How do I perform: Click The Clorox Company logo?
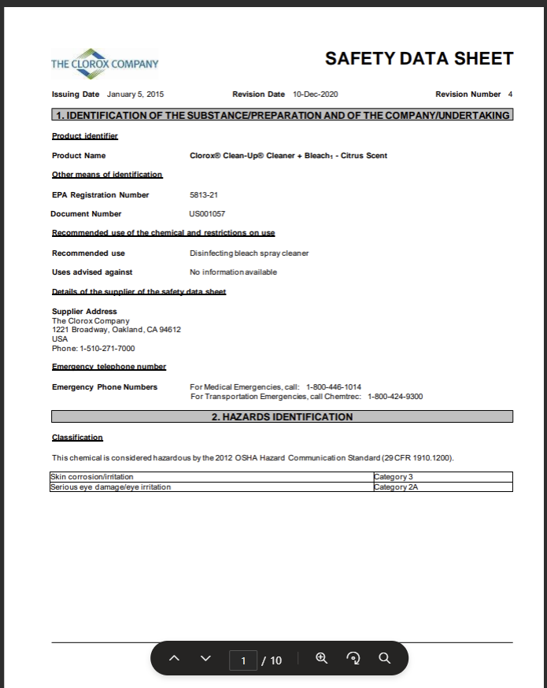click(x=105, y=63)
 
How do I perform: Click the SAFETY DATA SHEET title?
click(x=419, y=58)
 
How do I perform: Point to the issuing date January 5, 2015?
click(x=135, y=94)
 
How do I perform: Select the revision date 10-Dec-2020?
click(x=315, y=94)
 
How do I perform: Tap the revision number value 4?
click(x=510, y=94)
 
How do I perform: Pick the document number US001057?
click(x=207, y=213)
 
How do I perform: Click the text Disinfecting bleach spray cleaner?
click(x=249, y=253)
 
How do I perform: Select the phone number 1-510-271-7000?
click(x=107, y=348)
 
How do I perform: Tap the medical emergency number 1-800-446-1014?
click(x=334, y=387)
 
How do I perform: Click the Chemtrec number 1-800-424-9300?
click(x=395, y=396)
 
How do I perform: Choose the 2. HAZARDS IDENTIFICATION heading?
click(x=282, y=416)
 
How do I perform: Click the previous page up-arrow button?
click(x=175, y=659)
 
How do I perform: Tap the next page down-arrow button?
click(x=206, y=659)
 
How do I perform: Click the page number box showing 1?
click(x=243, y=660)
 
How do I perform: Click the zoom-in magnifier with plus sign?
click(x=321, y=658)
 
